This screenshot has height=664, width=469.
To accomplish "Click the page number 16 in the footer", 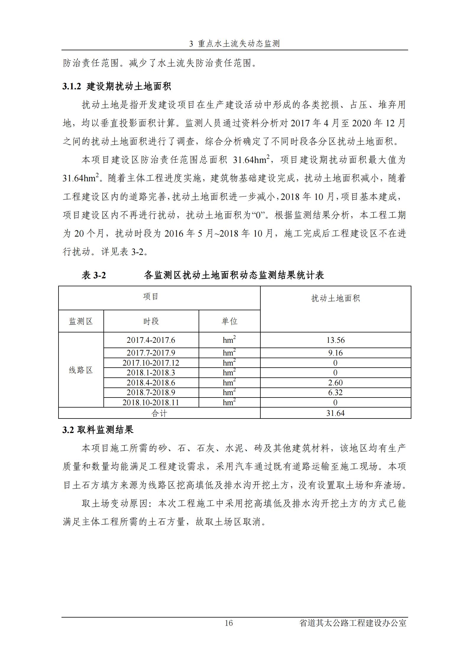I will [229, 623].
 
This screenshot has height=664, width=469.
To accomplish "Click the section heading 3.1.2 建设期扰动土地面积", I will [117, 86].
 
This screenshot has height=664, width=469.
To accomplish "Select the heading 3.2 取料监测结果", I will [98, 430].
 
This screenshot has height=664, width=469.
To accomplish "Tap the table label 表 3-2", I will [94, 275].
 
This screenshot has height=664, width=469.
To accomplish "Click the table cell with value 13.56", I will [335, 340].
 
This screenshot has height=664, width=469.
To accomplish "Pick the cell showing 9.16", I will [335, 353].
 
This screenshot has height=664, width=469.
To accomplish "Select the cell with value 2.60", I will [335, 383].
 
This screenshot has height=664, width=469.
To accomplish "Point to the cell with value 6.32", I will [335, 392].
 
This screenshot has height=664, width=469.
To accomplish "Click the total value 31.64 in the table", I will [335, 413].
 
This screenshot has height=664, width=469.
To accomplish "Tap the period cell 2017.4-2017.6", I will [151, 340].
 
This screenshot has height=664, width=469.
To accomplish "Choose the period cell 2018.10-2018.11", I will [151, 403].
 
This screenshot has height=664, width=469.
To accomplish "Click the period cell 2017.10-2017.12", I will [151, 363].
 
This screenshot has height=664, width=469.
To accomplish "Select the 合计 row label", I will [159, 413].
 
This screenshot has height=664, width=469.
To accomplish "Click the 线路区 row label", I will [81, 370].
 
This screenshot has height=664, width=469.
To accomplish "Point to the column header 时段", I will [151, 321].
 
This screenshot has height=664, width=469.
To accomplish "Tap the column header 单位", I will [230, 321].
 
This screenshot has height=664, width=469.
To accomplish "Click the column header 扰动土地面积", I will [335, 298].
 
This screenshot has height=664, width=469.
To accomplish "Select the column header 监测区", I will [81, 321].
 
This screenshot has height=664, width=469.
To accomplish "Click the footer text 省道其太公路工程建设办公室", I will [353, 623].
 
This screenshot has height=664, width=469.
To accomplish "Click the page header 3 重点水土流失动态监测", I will [234, 44].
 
